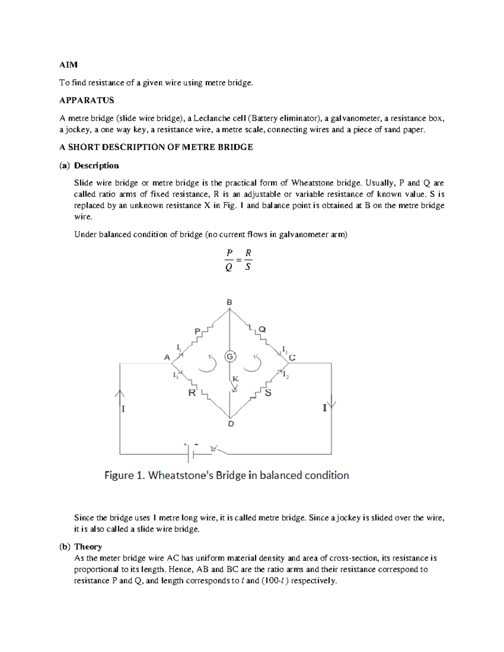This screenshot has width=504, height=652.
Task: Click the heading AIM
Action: click(68, 65)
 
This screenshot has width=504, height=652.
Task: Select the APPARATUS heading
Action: click(87, 100)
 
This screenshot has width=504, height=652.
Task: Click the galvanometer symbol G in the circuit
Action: click(230, 356)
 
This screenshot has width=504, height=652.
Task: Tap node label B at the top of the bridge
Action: click(229, 302)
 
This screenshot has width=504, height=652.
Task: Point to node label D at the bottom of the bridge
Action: click(231, 424)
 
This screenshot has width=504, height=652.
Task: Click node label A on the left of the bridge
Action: click(167, 358)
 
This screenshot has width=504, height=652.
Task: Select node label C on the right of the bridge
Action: click(292, 358)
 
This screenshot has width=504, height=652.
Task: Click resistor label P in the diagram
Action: click(197, 332)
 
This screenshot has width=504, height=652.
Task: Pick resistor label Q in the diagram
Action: click(262, 330)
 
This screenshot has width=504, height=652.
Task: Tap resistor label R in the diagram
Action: click(192, 393)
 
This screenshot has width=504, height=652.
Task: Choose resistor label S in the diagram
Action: click(268, 393)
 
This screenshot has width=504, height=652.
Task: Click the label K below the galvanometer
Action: click(236, 379)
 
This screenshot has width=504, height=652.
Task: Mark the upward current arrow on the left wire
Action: click(120, 394)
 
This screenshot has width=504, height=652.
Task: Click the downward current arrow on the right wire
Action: click(332, 402)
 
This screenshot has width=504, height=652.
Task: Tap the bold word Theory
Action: click(88, 547)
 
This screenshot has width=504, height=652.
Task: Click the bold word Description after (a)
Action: click(96, 165)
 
